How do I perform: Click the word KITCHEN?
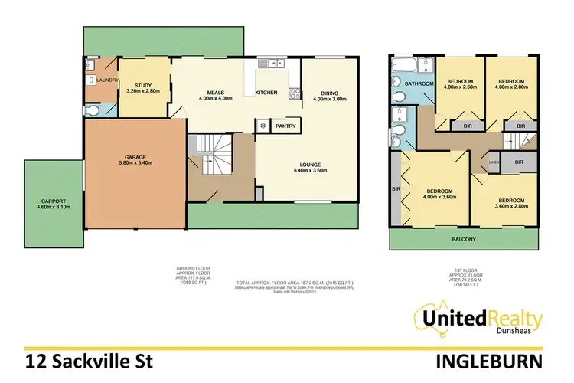tap(266, 93)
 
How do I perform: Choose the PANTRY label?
tap(285, 125)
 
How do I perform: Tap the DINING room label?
tap(329, 93)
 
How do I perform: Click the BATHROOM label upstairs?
tap(419, 83)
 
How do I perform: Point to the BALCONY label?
tap(462, 239)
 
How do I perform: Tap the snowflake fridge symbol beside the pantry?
tap(264, 125)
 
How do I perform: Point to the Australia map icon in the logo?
tap(429, 321)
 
